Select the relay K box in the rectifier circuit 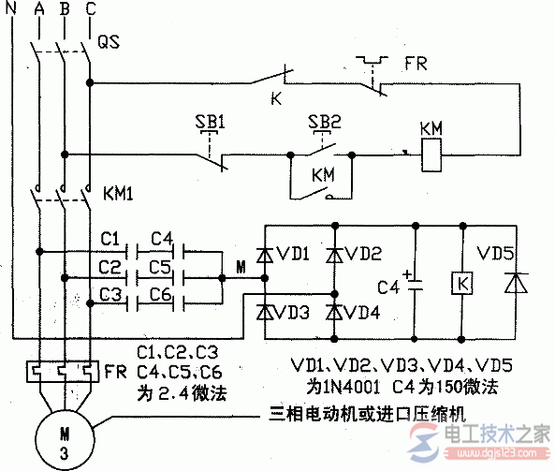460,281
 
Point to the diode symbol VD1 265,253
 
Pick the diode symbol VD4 332,311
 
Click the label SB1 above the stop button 210,123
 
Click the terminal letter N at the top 10,10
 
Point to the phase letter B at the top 63,10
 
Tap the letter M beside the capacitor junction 241,270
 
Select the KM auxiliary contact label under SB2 321,173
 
